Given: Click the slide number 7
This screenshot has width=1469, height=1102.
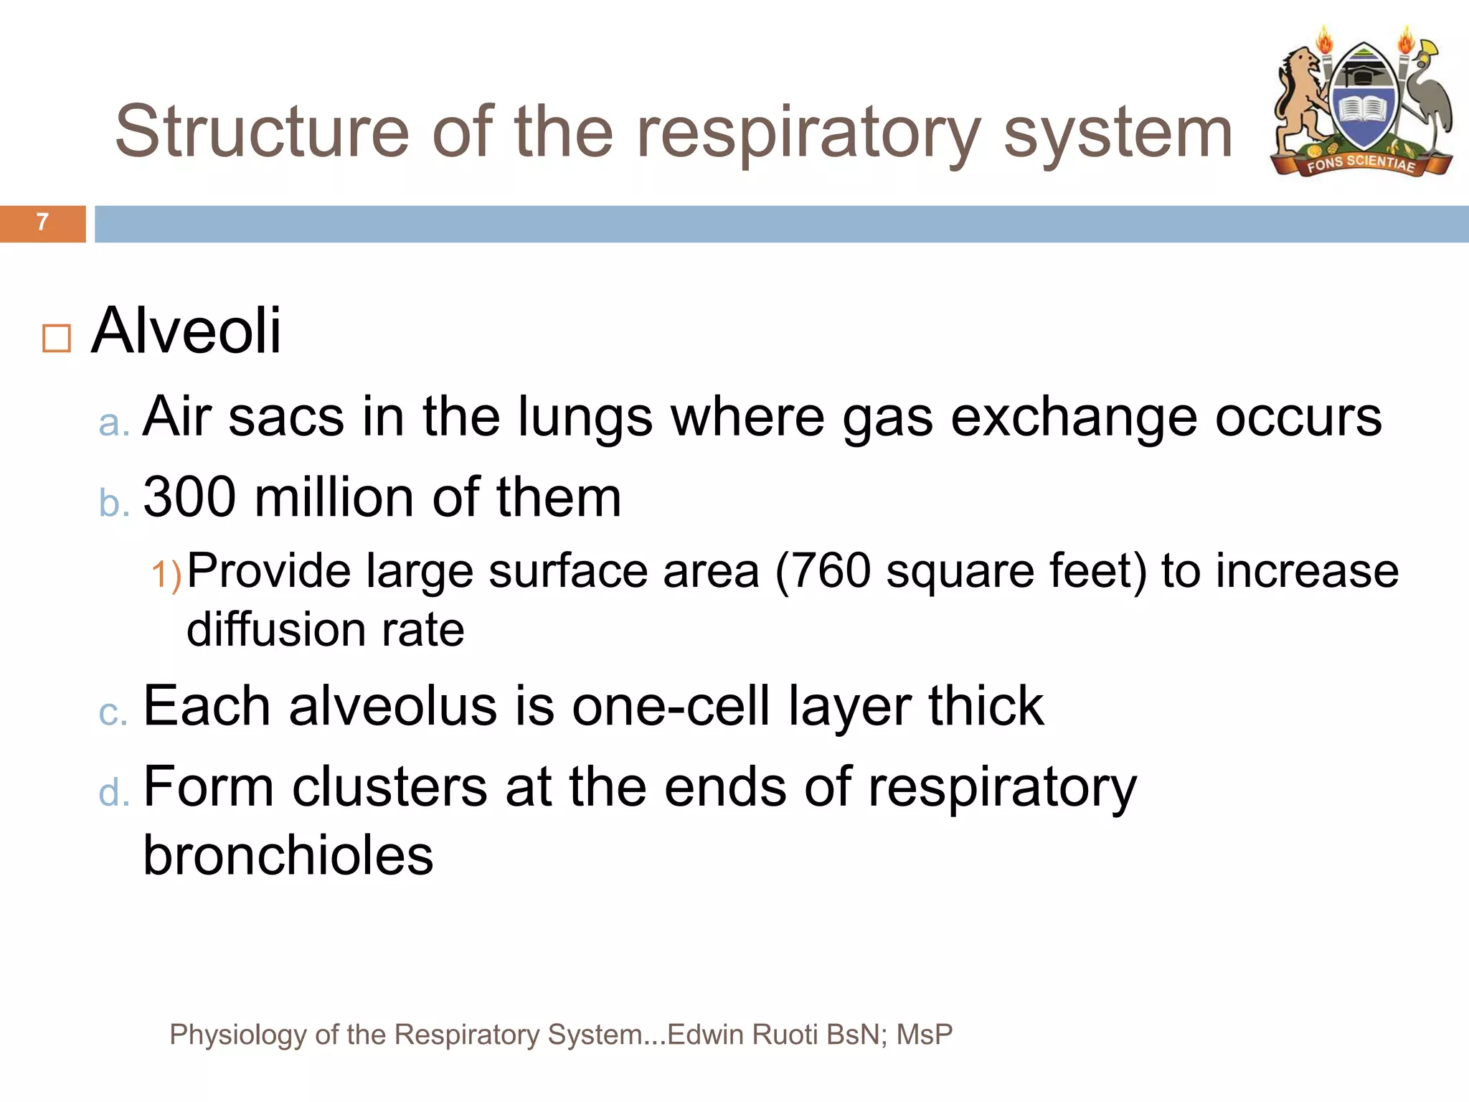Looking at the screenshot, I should [42, 222].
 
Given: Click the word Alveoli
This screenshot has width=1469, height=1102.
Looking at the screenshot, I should [186, 331].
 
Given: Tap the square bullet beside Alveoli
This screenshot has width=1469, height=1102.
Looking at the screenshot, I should [57, 339].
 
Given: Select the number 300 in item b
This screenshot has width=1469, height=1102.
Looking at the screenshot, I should [189, 497].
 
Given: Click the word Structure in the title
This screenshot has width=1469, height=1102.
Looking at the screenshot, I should [262, 133].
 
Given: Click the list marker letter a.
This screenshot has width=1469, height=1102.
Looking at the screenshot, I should [113, 423].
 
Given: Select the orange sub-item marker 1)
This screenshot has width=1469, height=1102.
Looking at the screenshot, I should [166, 575].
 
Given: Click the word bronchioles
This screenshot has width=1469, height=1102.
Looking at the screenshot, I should [288, 855].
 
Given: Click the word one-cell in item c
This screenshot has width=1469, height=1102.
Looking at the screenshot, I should [671, 707].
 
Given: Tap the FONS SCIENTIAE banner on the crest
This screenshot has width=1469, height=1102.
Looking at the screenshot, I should [1361, 164].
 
